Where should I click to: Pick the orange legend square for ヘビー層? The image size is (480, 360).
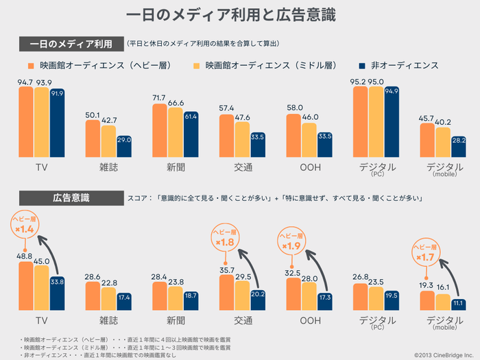(31, 66)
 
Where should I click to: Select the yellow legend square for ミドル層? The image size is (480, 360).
(195, 66)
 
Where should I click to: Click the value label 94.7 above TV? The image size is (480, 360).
(25, 82)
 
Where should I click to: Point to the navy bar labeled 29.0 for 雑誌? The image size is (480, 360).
(123, 147)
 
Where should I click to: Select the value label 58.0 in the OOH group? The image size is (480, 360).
(294, 108)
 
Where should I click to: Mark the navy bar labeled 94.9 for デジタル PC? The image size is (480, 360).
(392, 123)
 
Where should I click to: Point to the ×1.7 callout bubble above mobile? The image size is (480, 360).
(426, 254)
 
